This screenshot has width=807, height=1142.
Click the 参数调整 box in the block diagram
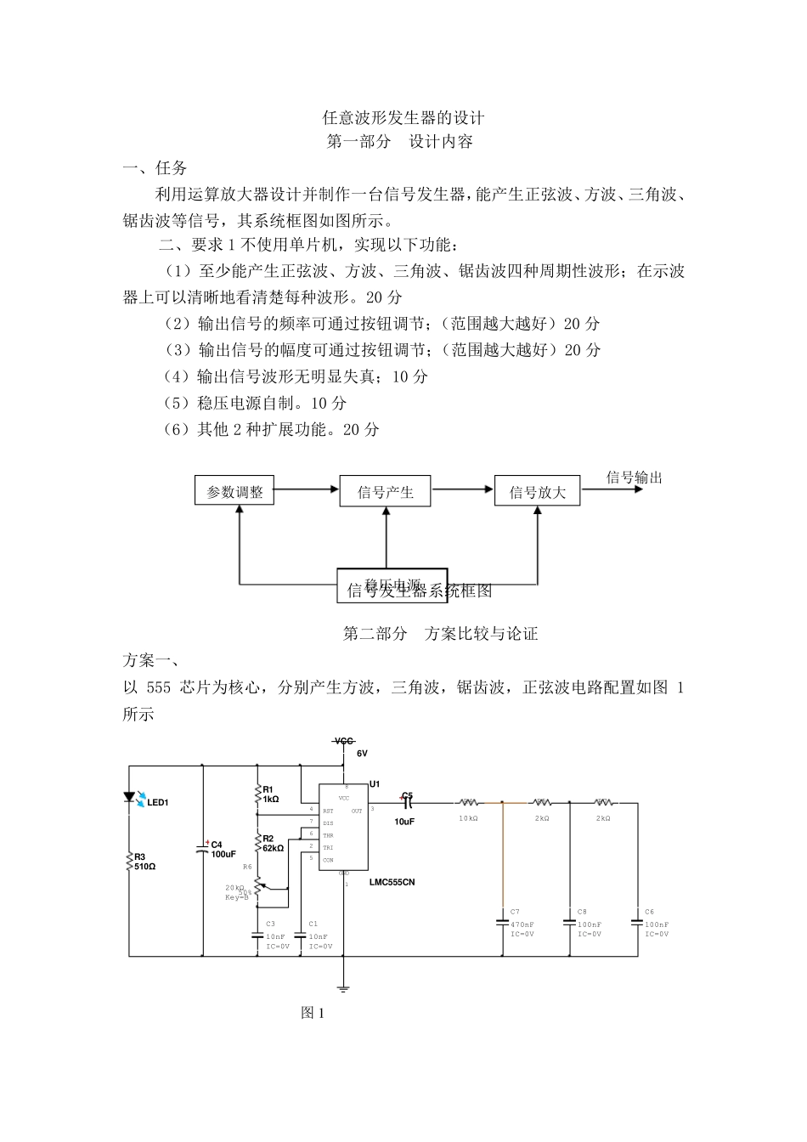(234, 491)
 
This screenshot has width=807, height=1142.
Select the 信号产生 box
(385, 492)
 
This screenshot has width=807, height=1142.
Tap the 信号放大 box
(537, 492)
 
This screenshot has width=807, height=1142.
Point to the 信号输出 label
(634, 478)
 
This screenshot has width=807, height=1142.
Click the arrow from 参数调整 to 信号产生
(306, 489)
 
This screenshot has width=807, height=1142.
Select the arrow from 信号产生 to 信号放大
(462, 489)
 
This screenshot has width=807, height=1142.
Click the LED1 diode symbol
(131, 798)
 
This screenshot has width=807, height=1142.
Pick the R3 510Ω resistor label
(144, 862)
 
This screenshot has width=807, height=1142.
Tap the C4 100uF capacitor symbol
(203, 848)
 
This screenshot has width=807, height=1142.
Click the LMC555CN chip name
(392, 882)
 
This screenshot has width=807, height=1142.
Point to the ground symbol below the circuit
(343, 987)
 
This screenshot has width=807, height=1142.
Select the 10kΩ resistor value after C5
(468, 818)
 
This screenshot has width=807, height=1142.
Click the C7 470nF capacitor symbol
(503, 921)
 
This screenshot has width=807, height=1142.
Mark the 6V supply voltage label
(362, 754)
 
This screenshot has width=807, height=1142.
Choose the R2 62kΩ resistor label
(273, 843)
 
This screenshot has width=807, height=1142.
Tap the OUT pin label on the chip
(357, 811)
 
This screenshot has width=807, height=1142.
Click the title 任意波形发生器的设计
(403, 116)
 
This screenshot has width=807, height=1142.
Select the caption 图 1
(313, 1012)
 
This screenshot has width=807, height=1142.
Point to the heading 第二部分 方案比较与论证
(440, 633)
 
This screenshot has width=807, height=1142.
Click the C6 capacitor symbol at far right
(637, 921)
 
